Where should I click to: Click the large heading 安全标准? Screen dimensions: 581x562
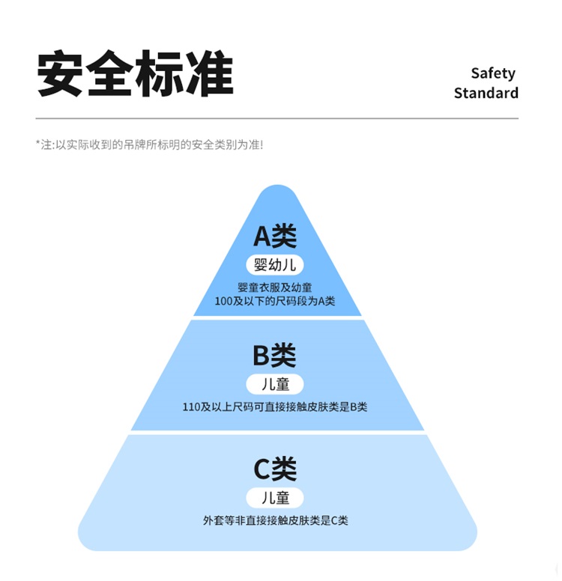[135, 73]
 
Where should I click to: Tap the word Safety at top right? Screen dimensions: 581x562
[493, 73]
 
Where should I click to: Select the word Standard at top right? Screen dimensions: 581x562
[486, 93]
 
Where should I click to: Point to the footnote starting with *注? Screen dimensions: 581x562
[149, 145]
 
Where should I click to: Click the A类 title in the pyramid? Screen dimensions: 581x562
[275, 236]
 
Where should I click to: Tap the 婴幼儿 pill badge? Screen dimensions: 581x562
[275, 264]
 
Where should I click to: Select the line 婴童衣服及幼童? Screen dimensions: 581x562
[275, 288]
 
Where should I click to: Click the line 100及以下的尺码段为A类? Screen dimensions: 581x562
[275, 301]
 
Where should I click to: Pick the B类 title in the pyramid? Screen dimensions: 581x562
[274, 355]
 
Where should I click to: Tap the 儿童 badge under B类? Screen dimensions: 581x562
[275, 384]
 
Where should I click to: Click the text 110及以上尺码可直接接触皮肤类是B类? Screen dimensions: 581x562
[275, 407]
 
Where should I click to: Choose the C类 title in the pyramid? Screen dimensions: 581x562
[275, 469]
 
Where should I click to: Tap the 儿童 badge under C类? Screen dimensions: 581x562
[275, 498]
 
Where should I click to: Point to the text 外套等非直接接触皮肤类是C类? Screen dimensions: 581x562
[275, 520]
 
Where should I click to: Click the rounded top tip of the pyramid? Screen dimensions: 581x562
[277, 193]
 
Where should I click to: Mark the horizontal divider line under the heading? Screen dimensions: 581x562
[277, 118]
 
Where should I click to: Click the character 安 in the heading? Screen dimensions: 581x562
[61, 73]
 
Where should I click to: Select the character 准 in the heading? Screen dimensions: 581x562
[209, 73]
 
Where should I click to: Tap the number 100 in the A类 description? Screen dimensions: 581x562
[224, 301]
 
